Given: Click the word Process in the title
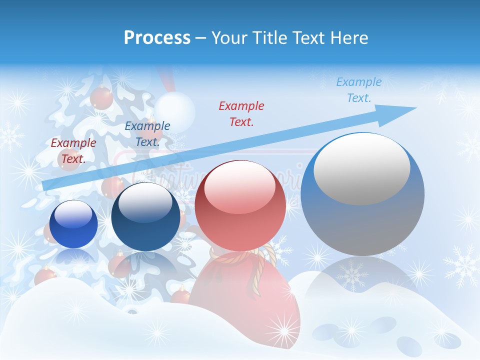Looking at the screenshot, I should click(x=157, y=37).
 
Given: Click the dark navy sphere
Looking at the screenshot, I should click(x=145, y=220).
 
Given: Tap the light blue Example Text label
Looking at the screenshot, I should click(x=358, y=90).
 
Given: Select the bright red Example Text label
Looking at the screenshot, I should click(x=241, y=113).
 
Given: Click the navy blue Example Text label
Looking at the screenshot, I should click(x=147, y=133).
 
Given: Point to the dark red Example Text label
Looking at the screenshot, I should click(x=73, y=150).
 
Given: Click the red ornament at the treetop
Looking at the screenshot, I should click(x=101, y=97).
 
